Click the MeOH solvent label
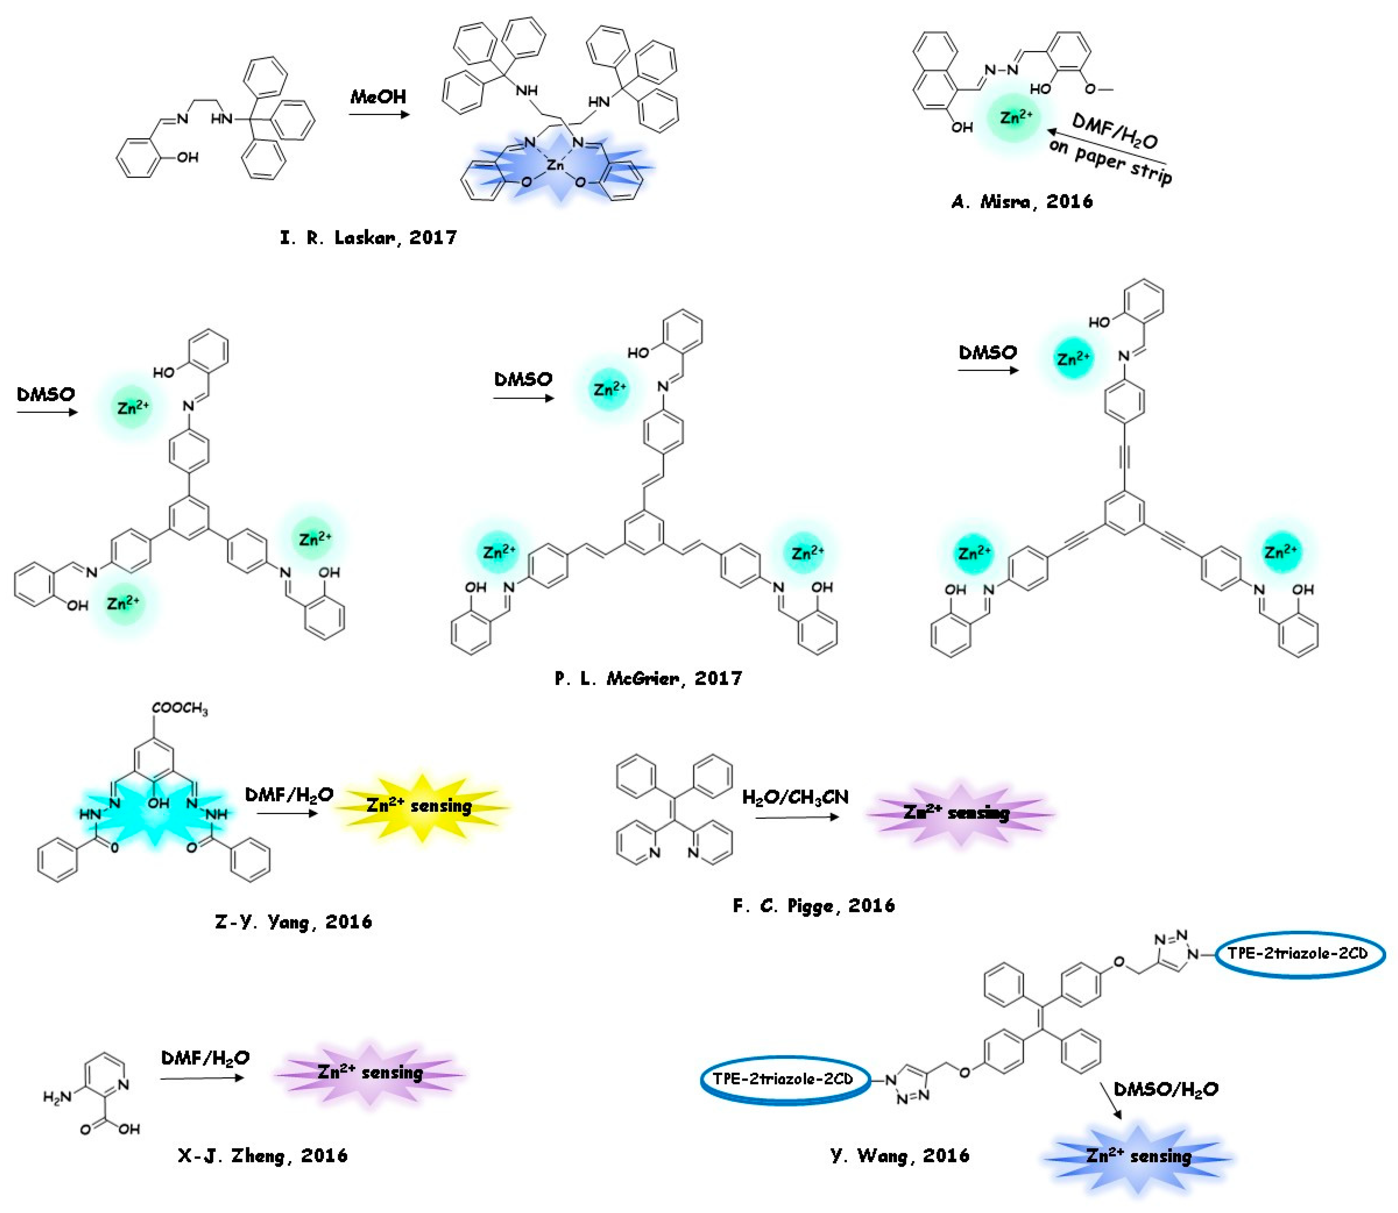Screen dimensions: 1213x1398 tap(378, 97)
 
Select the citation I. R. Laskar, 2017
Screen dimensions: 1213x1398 tap(369, 238)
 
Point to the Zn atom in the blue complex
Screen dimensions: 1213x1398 tap(556, 165)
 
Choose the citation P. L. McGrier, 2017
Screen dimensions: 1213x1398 tap(648, 678)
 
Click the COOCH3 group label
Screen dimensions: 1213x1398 tap(180, 708)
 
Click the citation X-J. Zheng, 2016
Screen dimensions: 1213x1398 tap(263, 1156)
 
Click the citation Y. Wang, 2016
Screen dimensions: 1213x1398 tap(900, 1156)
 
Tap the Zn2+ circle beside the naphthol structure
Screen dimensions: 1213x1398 tap(1016, 117)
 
